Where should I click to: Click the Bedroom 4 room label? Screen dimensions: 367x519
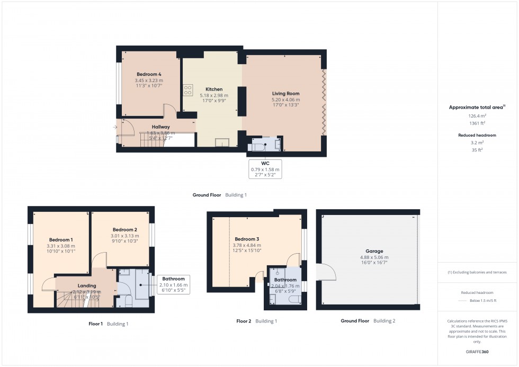[x=148, y=74]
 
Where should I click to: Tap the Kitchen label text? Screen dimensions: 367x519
[x=214, y=89]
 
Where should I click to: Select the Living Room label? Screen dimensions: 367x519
[x=285, y=94]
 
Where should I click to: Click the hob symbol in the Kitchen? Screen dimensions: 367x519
[x=187, y=91]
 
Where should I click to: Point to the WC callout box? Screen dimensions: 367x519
[x=265, y=169]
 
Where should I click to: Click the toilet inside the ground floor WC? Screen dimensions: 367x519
[x=258, y=146]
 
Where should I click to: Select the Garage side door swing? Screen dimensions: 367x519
[x=327, y=273]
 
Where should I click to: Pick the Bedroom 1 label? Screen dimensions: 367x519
[x=61, y=240]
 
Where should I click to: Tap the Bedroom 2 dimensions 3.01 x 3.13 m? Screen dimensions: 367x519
[x=124, y=236]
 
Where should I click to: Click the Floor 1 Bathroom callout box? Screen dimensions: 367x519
[x=174, y=285]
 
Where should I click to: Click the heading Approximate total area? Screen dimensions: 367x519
[x=477, y=107]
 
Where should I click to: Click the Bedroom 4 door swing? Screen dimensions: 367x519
[x=169, y=111]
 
